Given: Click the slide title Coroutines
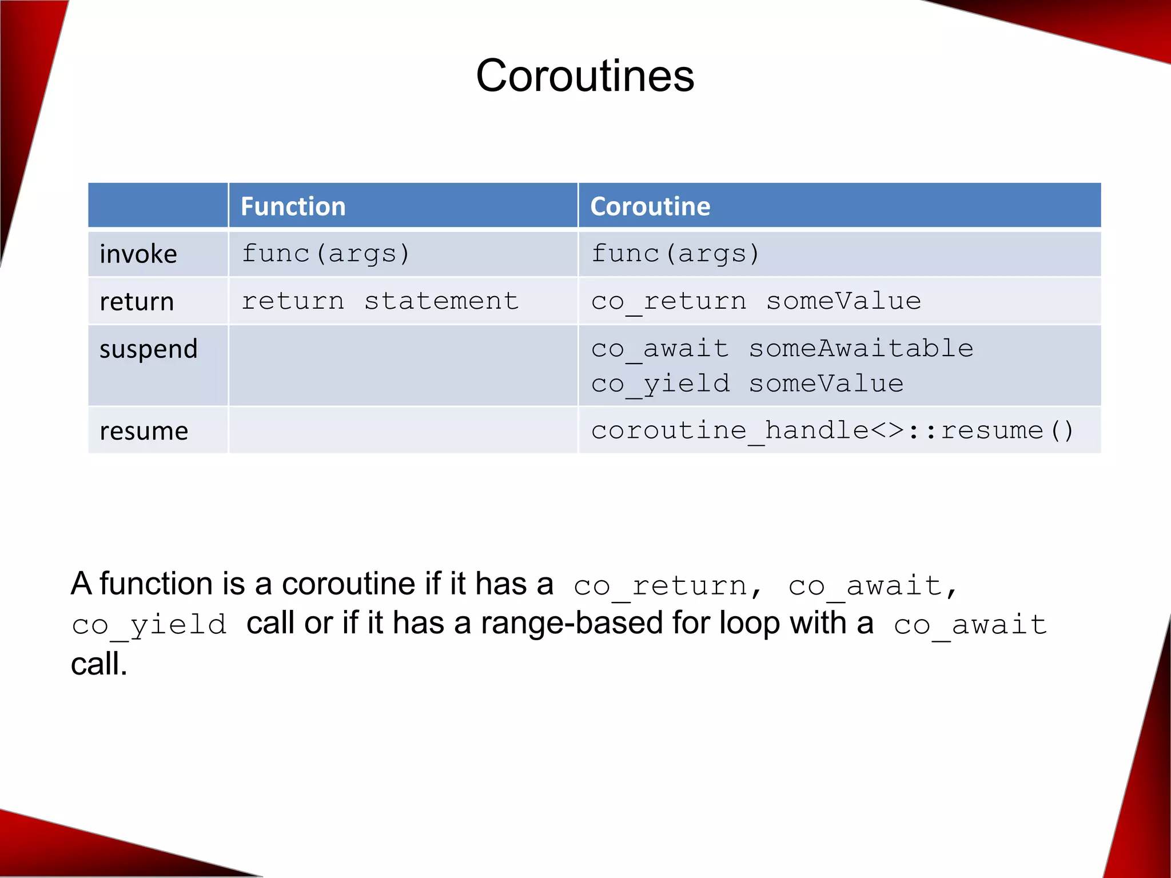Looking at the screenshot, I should tap(585, 76).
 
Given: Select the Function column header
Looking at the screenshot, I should tap(293, 206).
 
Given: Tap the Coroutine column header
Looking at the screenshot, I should tap(650, 206).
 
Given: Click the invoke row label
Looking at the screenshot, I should tap(138, 254).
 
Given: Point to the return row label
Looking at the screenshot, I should tap(137, 301).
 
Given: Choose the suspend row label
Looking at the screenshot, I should tap(149, 349).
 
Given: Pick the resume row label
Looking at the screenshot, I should tap(144, 430).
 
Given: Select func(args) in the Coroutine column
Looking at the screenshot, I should tap(675, 254).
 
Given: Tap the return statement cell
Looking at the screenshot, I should tap(380, 301).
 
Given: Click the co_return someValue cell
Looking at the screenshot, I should tap(756, 301).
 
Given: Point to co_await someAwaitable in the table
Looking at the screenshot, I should tap(782, 349).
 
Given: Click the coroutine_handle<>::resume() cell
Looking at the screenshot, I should tap(832, 430).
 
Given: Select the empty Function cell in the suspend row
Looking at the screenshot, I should tap(403, 366).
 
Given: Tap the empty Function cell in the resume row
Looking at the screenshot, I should tap(403, 430).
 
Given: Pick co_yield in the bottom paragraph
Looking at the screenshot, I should tap(149, 624).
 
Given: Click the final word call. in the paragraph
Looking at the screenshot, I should tap(99, 664).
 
